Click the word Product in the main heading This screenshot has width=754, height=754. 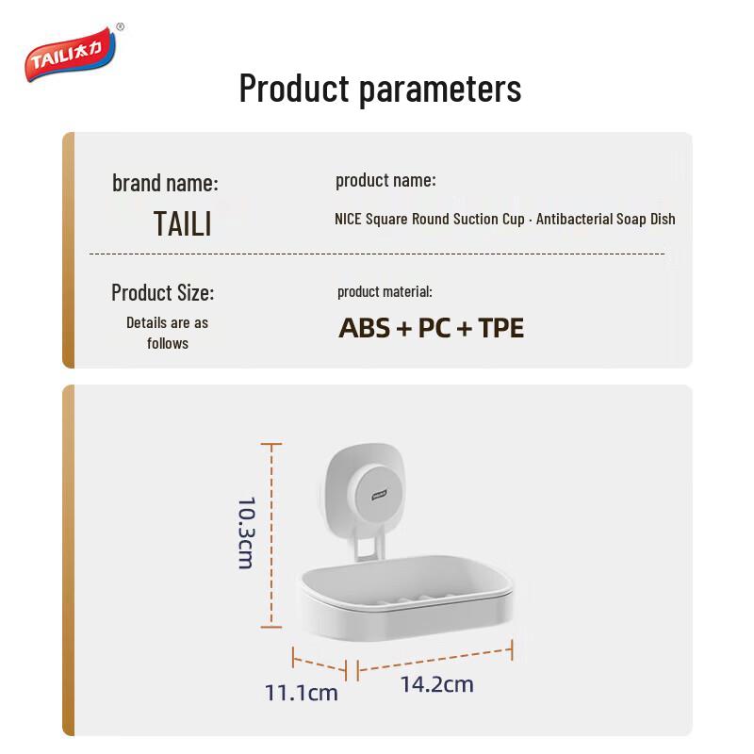293,89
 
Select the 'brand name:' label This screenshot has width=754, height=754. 165,183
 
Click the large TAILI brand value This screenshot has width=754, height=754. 182,224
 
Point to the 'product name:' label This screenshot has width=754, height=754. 385,180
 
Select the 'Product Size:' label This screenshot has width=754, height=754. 162,292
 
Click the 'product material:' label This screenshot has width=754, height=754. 385,292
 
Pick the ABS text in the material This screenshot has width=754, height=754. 364,328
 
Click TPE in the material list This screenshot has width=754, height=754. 500,328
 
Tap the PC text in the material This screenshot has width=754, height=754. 434,328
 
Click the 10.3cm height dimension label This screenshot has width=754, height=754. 245,533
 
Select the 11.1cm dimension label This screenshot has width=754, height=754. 301,694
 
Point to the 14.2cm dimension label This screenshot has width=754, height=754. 436,684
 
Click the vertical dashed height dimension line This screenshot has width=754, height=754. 271,534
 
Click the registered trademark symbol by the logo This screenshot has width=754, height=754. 120,27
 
